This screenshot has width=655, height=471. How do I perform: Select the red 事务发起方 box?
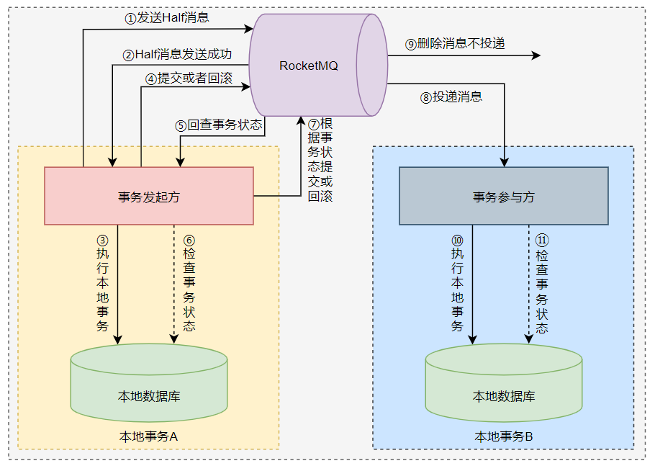click(149, 196)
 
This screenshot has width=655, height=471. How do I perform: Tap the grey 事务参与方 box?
click(503, 196)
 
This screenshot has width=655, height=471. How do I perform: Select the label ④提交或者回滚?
click(189, 78)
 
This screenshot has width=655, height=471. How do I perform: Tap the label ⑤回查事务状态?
click(219, 125)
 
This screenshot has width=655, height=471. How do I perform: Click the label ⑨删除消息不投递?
click(455, 44)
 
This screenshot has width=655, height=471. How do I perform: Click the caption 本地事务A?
click(148, 436)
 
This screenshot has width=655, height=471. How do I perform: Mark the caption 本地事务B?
click(503, 436)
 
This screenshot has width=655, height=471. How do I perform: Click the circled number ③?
click(102, 239)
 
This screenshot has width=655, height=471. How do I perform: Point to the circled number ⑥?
click(189, 239)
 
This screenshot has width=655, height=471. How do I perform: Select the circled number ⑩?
click(457, 239)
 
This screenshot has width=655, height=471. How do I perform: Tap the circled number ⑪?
click(542, 239)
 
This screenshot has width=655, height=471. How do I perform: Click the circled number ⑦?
click(313, 124)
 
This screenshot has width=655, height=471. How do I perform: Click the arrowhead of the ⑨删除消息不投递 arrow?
click(536, 55)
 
